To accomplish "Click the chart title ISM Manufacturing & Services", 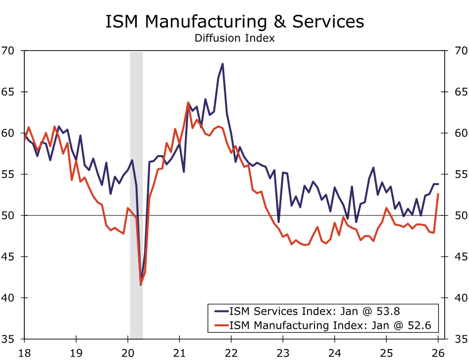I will point(234,22).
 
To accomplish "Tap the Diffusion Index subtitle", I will point(234,38).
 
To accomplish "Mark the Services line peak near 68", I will point(222,64).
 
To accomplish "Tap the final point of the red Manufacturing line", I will point(438,194).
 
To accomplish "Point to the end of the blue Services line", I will point(438,184).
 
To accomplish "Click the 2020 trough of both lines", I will point(141,284).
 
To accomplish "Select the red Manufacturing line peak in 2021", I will point(188,103).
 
